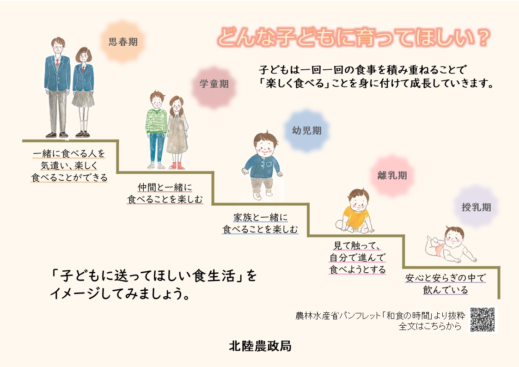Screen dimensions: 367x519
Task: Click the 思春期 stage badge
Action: click(x=123, y=42)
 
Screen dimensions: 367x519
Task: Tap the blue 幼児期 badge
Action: click(x=306, y=131)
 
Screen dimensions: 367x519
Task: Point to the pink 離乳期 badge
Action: click(x=392, y=176)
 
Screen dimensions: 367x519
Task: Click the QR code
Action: click(x=483, y=319)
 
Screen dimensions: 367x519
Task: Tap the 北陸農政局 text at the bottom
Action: click(x=260, y=346)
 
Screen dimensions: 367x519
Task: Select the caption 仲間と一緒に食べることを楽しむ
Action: click(x=165, y=194)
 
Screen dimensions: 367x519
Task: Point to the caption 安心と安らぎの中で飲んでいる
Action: click(x=446, y=284)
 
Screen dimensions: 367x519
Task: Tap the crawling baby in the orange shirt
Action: click(x=354, y=211)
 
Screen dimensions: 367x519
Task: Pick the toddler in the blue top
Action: click(x=261, y=164)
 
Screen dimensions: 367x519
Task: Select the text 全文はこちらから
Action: click(x=430, y=326)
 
